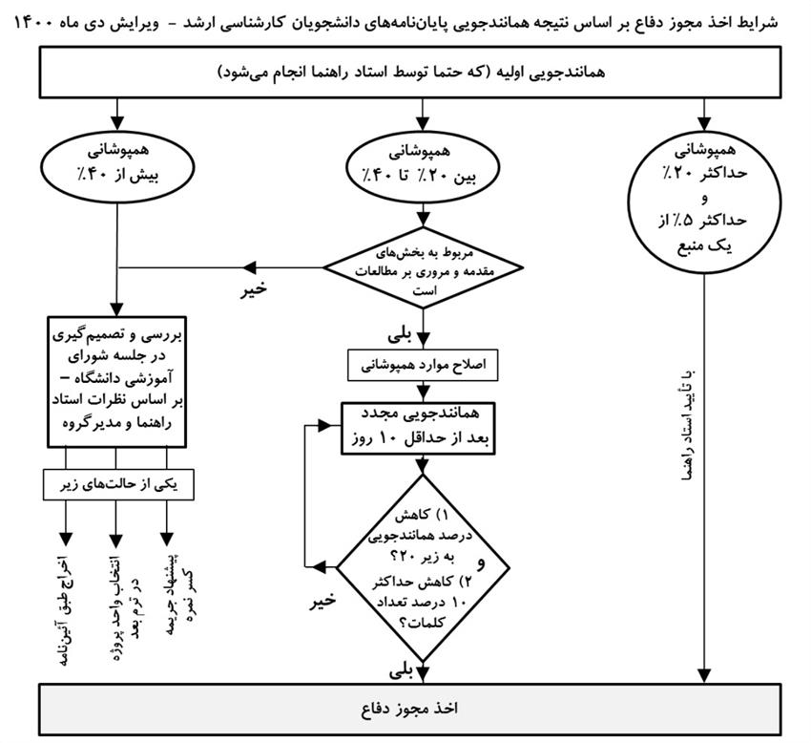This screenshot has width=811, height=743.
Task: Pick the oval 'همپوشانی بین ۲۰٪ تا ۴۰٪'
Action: (x=421, y=164)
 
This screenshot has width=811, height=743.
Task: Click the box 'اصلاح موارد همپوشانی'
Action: (x=421, y=366)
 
